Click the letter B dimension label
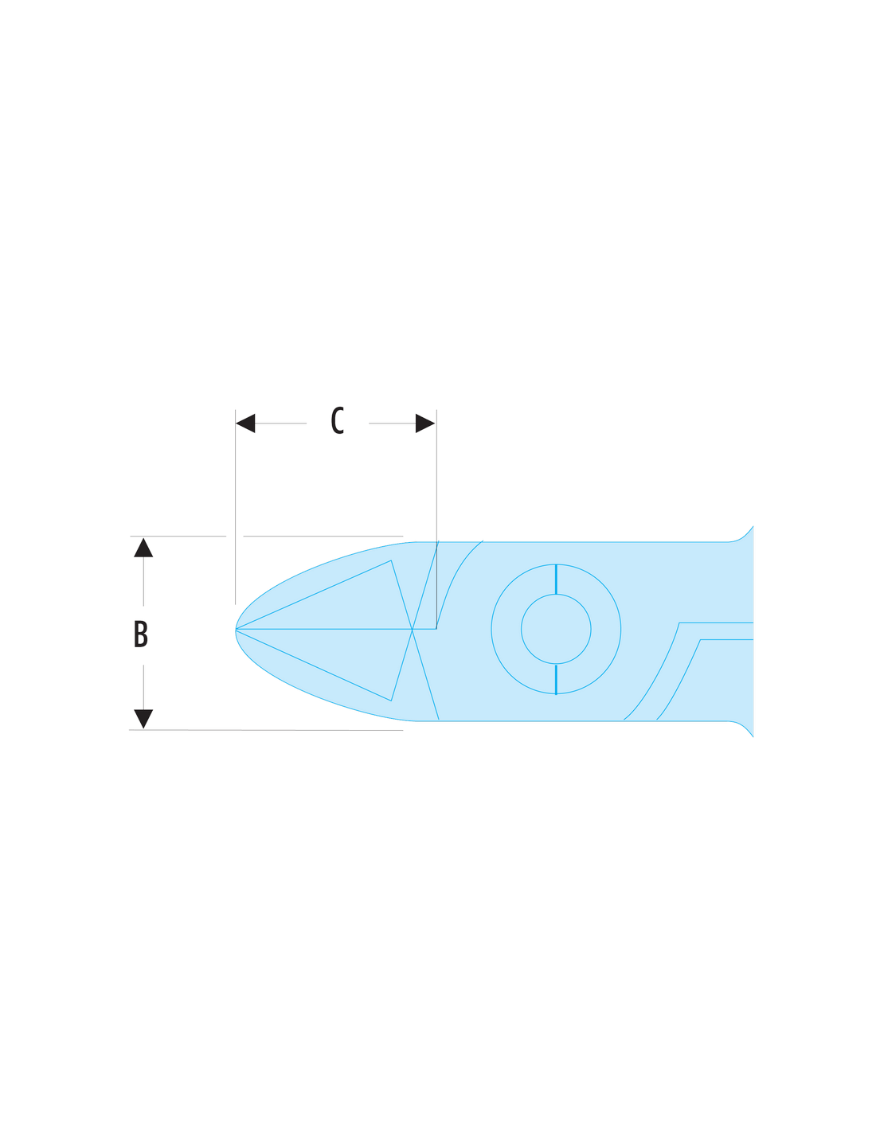click(x=141, y=634)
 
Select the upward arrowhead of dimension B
click(x=143, y=548)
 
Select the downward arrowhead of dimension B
click(x=143, y=719)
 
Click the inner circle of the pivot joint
click(x=556, y=595)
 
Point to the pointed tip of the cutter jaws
click(x=236, y=630)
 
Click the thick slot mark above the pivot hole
click(x=556, y=579)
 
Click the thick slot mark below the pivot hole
click(x=556, y=679)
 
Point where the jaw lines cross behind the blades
click(x=413, y=630)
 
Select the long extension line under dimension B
click(x=266, y=730)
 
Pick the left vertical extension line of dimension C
click(x=235, y=507)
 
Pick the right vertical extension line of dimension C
click(x=436, y=519)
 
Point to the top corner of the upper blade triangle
click(x=391, y=560)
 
